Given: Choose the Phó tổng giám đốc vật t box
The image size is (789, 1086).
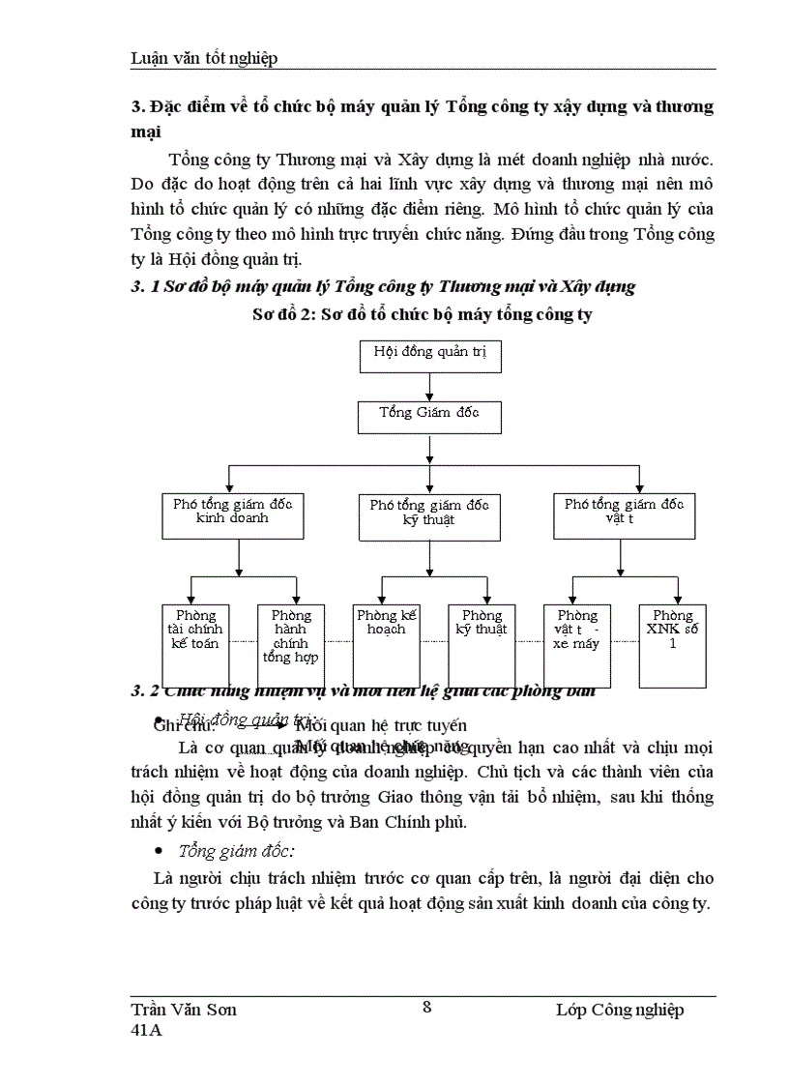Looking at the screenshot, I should point(624,514).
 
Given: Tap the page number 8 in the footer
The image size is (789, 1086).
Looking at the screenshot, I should point(427,1006).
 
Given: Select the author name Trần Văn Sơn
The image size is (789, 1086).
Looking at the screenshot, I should point(184,1010).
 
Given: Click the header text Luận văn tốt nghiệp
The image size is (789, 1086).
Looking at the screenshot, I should point(204,58).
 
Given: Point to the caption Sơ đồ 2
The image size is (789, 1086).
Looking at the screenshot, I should point(422,314).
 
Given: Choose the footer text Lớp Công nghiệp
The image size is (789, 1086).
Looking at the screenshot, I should point(620,1010).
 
